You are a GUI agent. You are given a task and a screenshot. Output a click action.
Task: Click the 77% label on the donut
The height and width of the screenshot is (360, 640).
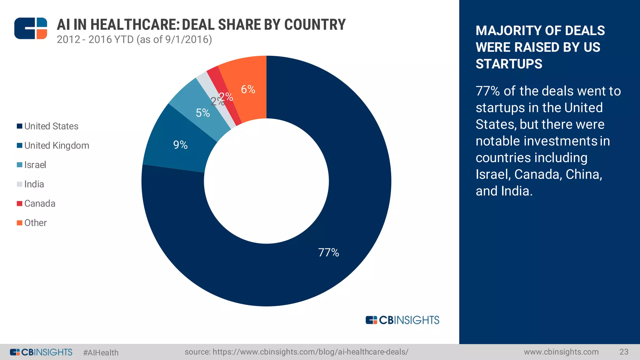tap(328, 252)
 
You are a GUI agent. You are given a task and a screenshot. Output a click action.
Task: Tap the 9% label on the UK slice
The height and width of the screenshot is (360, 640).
tap(180, 145)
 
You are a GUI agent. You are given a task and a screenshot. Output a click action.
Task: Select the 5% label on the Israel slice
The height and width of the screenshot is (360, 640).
tap(202, 113)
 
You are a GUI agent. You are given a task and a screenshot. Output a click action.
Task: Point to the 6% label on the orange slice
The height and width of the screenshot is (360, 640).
tap(248, 90)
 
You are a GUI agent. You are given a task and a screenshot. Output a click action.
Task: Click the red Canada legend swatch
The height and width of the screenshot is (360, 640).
tap(19, 204)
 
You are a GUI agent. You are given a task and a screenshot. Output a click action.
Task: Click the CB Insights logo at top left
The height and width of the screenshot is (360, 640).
tap(31, 28)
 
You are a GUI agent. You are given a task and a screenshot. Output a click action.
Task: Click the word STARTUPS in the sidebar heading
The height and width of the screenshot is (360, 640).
tap(509, 64)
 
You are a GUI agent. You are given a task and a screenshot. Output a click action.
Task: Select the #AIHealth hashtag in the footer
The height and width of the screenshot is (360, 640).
tap(101, 352)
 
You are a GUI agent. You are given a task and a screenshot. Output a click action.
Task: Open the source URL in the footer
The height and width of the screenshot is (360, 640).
tap(296, 352)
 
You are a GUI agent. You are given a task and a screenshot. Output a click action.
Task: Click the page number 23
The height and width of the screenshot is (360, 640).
tap(624, 352)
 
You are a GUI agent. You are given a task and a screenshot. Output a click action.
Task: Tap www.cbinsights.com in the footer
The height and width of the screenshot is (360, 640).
tap(561, 352)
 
